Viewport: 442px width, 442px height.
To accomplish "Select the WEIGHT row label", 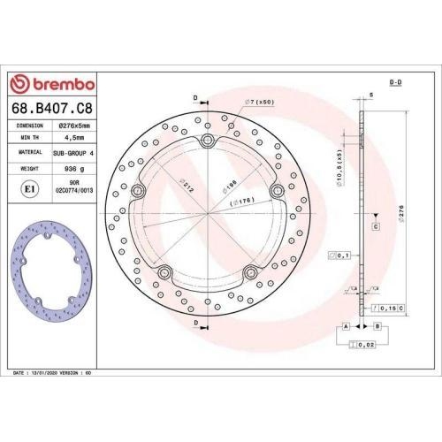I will (x=27, y=166).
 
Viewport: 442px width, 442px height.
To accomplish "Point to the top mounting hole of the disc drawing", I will (x=209, y=142).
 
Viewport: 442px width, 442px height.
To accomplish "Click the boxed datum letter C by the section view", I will (x=375, y=226).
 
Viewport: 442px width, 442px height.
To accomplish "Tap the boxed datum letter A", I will (x=345, y=327).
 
